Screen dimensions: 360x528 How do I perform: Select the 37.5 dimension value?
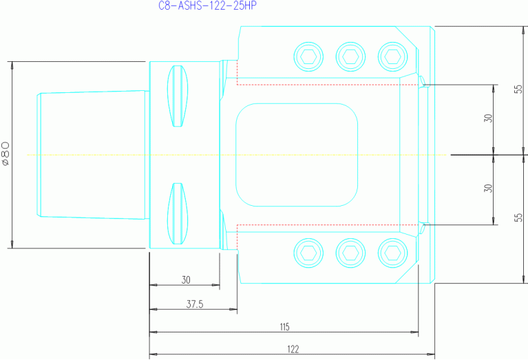pos(195,304)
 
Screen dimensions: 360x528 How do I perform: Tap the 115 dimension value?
pos(284,326)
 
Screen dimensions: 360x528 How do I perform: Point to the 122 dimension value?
pos(293,348)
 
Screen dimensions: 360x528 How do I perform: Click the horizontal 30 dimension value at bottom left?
pos(185,279)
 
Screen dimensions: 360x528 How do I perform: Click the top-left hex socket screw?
pos(308,56)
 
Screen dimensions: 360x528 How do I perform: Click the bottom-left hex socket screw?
pos(308,253)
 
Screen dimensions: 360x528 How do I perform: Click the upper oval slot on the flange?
pos(178,96)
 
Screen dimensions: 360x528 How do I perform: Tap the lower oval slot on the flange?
pos(178,213)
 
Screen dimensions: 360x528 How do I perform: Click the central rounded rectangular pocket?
pos(297,154)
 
